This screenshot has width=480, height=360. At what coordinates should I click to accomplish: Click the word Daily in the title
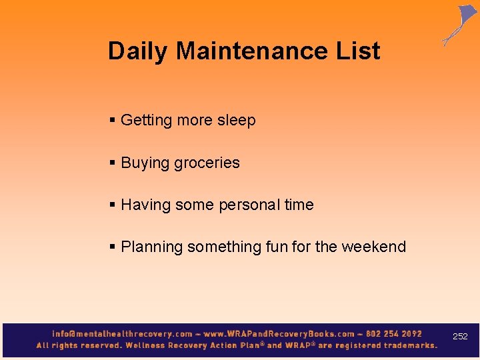click(138, 51)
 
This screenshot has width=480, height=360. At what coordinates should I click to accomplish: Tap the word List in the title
click(357, 51)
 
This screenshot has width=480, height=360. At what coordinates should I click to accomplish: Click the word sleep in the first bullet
click(236, 121)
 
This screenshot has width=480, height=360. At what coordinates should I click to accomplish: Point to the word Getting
click(147, 121)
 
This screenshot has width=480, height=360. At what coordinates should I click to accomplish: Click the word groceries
click(209, 163)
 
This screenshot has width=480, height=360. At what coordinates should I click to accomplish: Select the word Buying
click(145, 163)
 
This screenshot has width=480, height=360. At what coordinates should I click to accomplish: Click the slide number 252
click(460, 337)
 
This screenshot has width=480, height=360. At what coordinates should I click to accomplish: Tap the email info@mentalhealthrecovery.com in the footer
click(122, 333)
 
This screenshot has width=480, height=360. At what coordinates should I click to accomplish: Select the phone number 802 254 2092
click(394, 333)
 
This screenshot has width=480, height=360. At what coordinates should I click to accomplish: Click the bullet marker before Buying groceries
click(113, 163)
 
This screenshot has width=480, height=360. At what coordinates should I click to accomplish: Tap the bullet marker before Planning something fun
click(113, 247)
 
